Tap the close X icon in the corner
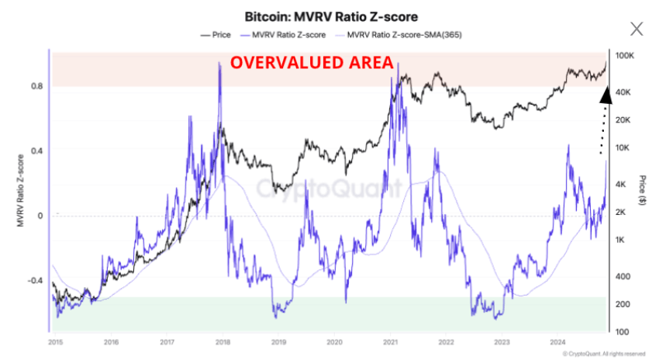click(637, 29)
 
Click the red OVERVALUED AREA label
click(312, 64)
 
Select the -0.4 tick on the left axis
click(36, 280)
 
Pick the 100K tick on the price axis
click(624, 57)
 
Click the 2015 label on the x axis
click(54, 341)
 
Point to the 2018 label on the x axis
click(223, 341)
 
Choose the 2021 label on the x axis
click(390, 341)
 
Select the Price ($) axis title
click(643, 191)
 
